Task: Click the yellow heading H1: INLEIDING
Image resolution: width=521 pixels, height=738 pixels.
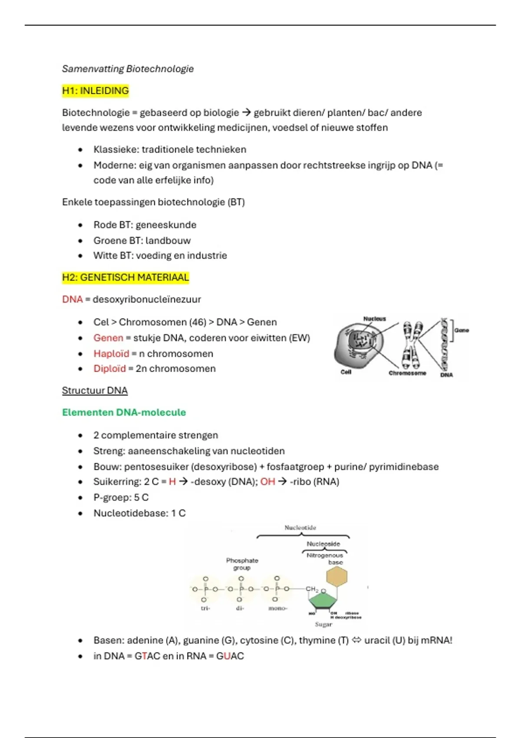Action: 96,91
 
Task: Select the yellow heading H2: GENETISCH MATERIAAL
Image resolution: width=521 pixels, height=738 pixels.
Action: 125,277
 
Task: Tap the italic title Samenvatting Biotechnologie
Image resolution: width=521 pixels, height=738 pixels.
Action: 128,69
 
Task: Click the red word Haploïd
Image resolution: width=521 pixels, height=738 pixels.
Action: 111,353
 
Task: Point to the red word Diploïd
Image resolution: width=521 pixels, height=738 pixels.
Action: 109,369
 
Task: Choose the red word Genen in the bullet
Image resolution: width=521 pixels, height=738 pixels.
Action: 108,338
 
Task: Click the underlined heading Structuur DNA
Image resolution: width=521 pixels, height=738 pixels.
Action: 95,390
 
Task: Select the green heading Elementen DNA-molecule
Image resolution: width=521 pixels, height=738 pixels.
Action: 124,412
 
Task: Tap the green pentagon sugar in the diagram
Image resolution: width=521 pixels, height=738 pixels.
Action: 323,601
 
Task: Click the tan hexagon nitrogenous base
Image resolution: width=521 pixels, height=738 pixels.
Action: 337,577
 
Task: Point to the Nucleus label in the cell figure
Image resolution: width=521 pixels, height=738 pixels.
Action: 374,319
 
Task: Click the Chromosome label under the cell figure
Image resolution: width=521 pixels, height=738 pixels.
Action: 407,373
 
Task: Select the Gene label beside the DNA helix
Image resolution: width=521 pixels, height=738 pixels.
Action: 462,330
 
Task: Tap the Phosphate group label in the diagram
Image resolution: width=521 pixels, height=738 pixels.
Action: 242,564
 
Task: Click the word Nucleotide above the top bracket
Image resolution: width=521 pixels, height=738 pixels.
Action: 300,528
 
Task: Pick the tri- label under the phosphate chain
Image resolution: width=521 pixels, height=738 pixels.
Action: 205,608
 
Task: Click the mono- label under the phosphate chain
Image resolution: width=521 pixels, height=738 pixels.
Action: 277,608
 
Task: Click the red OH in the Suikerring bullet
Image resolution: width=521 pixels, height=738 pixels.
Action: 267,481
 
